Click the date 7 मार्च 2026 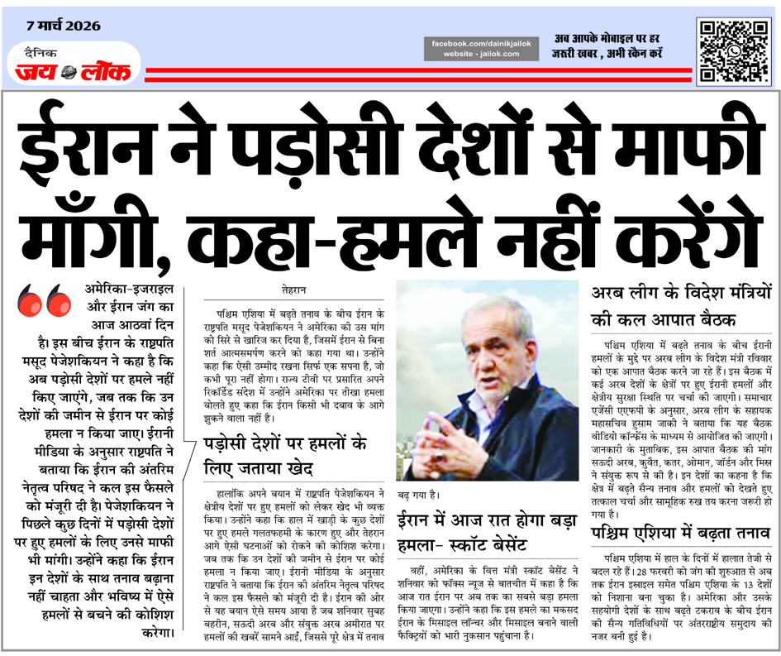click(63, 26)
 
